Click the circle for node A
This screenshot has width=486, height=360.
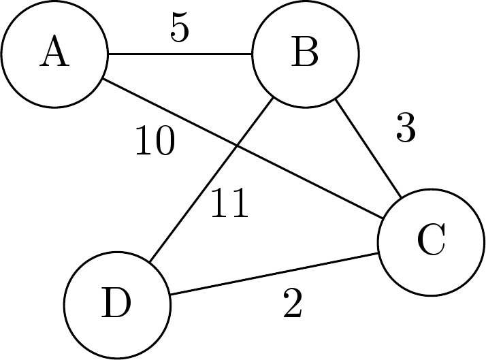click(54, 54)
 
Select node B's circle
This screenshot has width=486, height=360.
click(305, 54)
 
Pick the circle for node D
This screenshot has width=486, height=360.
click(116, 304)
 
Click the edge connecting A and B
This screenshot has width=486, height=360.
click(180, 54)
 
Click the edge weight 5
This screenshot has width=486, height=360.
click(179, 27)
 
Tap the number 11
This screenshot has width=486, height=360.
click(229, 203)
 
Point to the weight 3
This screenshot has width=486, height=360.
click(405, 127)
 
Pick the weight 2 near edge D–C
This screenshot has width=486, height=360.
click(292, 306)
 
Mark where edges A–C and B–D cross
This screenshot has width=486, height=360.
click(237, 144)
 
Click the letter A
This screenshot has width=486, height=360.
click(54, 54)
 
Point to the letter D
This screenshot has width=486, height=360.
click(116, 304)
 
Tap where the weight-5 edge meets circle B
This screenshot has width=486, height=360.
click(252, 54)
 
